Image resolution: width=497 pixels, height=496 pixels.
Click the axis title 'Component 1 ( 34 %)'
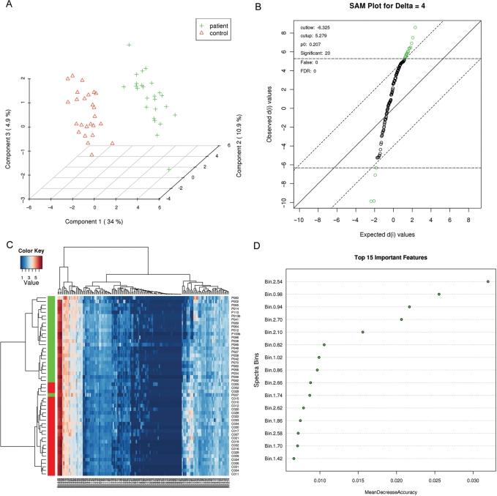click(89, 221)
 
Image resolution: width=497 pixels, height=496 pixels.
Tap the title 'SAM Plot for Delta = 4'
click(386, 7)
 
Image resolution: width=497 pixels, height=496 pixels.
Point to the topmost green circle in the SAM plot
click(415, 27)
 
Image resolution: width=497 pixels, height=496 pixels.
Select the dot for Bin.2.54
click(487, 281)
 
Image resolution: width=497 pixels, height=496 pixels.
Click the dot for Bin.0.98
click(438, 294)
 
